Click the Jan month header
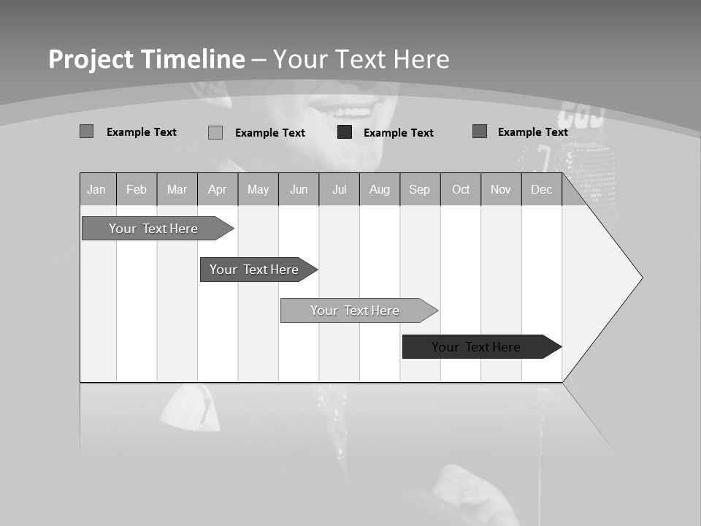[x=97, y=189]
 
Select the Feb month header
[x=137, y=189]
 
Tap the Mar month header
[x=177, y=189]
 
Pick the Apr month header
[x=218, y=189]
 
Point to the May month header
[x=258, y=189]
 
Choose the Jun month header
[x=299, y=189]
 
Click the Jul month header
[x=339, y=189]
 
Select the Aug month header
[x=380, y=189]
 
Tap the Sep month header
[x=420, y=189]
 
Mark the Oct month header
[x=461, y=189]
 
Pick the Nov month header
[x=501, y=189]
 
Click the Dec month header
[x=542, y=189]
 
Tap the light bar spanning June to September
[x=356, y=310]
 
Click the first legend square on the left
[x=87, y=131]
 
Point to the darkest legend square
[x=345, y=132]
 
